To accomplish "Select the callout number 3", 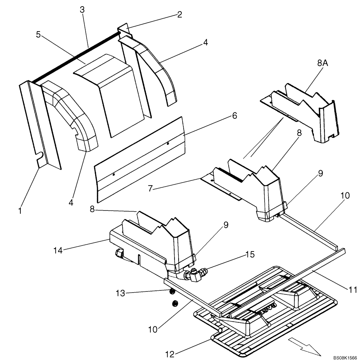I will (82, 10).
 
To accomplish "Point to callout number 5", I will (39, 34).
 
